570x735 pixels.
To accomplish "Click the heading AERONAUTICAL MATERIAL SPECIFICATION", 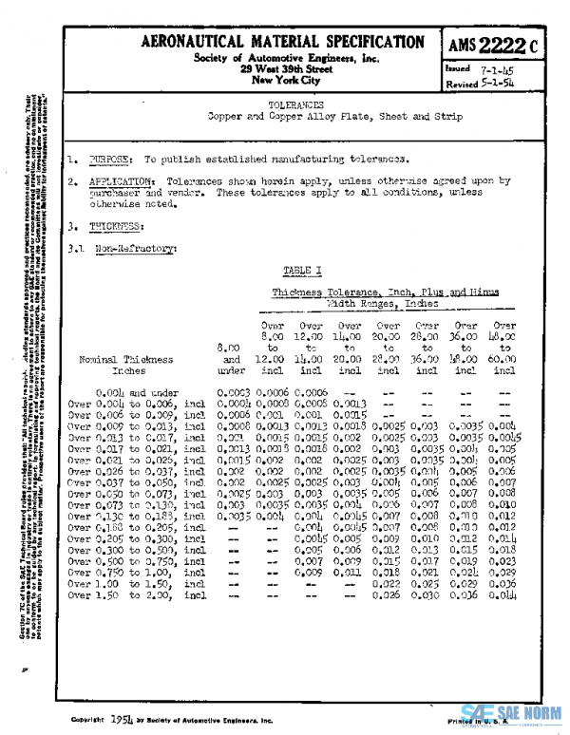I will [x=282, y=43].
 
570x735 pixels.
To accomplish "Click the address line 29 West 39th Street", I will [x=286, y=69].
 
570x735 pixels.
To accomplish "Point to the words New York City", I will [x=285, y=81].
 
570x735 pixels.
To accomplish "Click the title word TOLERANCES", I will [x=295, y=104].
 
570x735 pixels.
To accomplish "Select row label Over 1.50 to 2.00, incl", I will [x=138, y=570].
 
